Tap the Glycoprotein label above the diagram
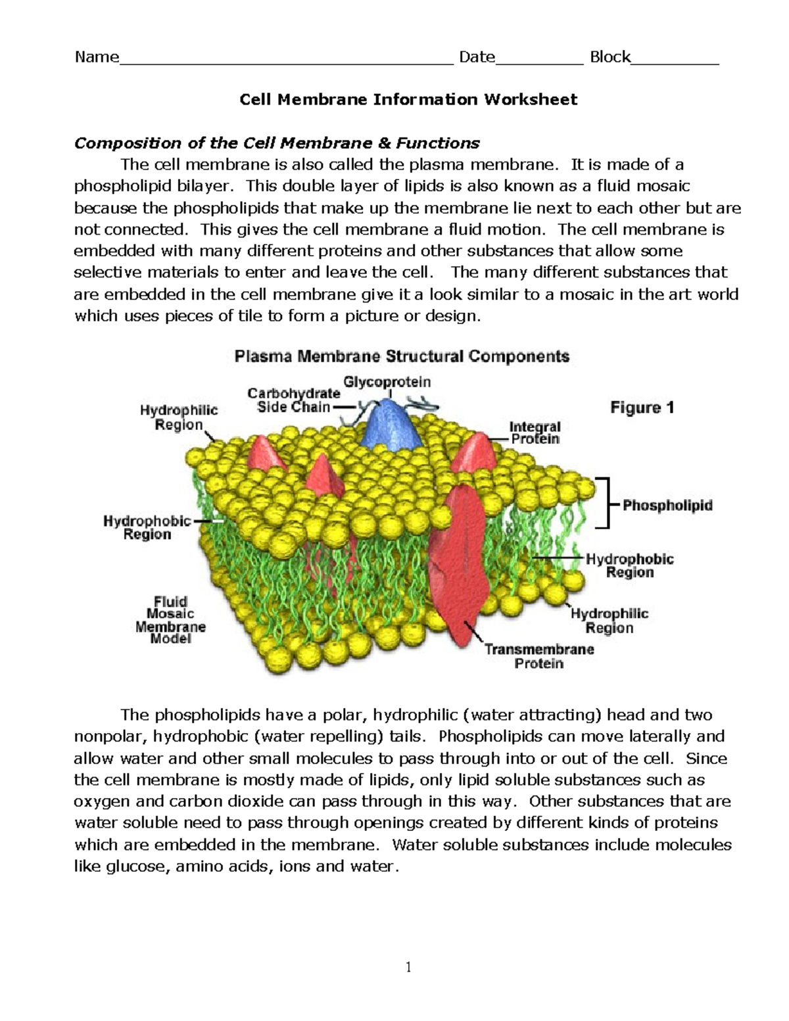[x=387, y=381]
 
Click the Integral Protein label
[x=535, y=433]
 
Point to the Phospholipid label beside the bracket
[x=667, y=506]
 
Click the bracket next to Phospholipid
[x=604, y=503]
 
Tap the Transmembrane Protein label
[x=539, y=656]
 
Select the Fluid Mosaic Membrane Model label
[x=170, y=619]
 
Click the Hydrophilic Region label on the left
[x=178, y=417]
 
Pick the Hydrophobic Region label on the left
[x=147, y=527]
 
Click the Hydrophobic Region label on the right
[x=630, y=565]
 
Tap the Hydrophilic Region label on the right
[x=610, y=620]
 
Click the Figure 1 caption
[x=642, y=408]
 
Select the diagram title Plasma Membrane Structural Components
[x=402, y=357]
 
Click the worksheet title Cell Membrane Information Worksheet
[x=408, y=99]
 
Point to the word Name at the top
[x=97, y=57]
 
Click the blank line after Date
[x=539, y=61]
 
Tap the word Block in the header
[x=610, y=57]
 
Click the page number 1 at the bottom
[x=408, y=966]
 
